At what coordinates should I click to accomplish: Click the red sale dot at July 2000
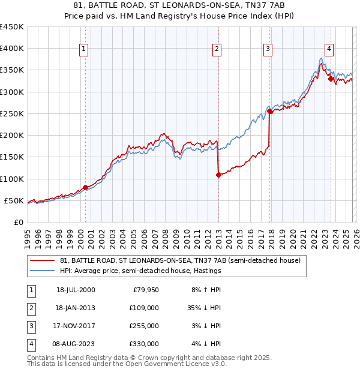coord(85,187)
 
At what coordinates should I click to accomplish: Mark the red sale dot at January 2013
coord(218,175)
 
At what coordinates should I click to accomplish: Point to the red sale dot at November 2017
coord(269,111)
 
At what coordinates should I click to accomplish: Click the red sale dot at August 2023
coord(331,79)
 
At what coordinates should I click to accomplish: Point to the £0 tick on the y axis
coord(18,222)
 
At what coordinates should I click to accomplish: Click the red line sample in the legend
coord(43,260)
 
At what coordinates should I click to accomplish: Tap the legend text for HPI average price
coord(141,271)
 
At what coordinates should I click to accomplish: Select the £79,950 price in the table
coord(144,290)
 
